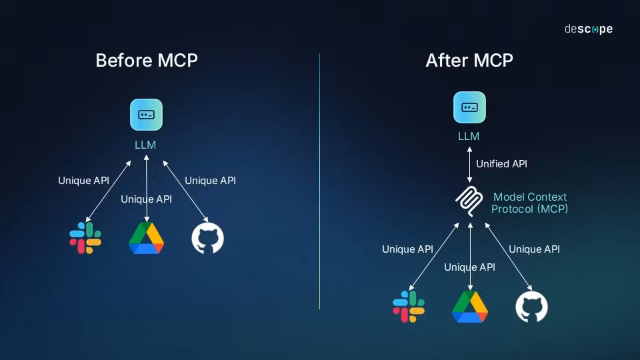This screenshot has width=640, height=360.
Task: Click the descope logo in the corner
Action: pos(588,29)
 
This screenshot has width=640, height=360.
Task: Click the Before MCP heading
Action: pos(147,60)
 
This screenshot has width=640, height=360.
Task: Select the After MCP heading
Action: pos(469,60)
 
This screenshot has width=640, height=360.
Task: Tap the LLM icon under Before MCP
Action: pos(146,115)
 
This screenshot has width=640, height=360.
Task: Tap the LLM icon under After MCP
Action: pos(469,107)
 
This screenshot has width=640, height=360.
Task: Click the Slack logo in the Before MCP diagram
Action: pos(85,238)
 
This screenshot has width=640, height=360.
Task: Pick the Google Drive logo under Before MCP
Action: pos(146,238)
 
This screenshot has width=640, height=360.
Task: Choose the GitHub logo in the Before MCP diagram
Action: pos(207,238)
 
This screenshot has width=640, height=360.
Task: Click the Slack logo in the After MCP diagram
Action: pos(409,307)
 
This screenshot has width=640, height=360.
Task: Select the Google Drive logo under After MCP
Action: pos(470,307)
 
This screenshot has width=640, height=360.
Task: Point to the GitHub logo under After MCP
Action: pos(531,307)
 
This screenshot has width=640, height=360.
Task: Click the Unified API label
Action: pos(501,164)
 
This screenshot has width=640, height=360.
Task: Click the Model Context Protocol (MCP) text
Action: pos(530,203)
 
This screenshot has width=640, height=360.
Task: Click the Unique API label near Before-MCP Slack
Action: pos(83,181)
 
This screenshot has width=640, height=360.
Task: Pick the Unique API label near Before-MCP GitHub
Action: pos(210,181)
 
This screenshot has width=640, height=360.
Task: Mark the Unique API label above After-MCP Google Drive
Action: pos(469,267)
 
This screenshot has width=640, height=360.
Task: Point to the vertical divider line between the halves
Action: pos(319,180)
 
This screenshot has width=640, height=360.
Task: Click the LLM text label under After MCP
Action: pos(469,136)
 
